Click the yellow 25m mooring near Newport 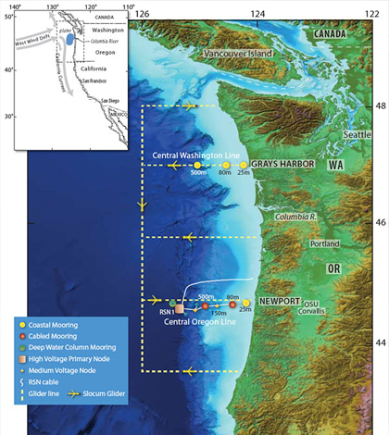tap(246, 303)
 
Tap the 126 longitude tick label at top tap(142, 13)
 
